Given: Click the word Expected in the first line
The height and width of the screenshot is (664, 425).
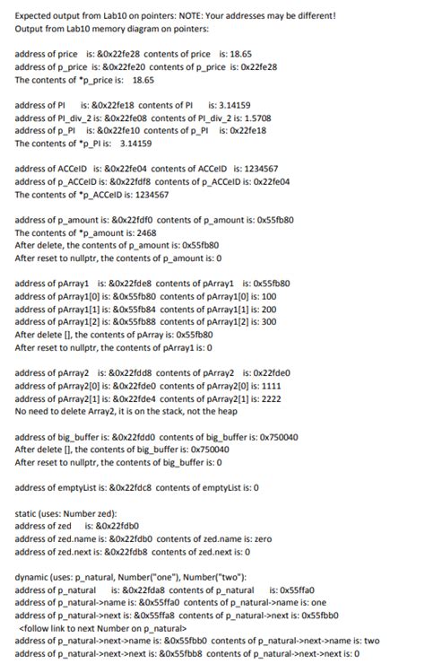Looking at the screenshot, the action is point(32,15).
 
